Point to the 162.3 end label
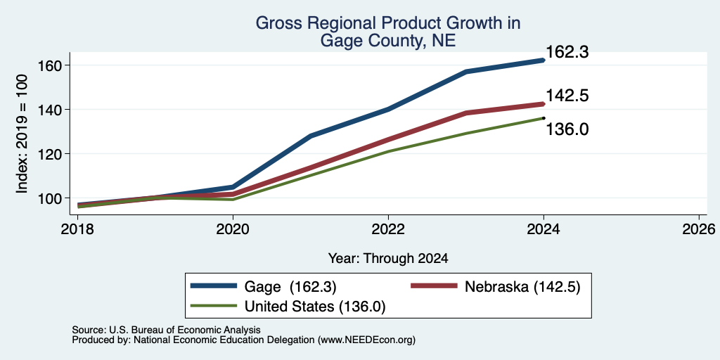click(567, 52)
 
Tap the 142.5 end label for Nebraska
click(567, 96)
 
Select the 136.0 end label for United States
click(567, 130)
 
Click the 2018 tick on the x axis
click(77, 229)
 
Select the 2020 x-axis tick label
click(233, 229)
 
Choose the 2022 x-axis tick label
click(388, 229)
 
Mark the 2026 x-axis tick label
click(699, 229)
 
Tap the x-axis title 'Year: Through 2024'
click(388, 259)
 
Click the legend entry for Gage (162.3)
click(264, 287)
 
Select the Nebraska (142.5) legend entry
click(496, 287)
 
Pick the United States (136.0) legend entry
click(288, 307)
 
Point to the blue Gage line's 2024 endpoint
click(544, 60)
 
